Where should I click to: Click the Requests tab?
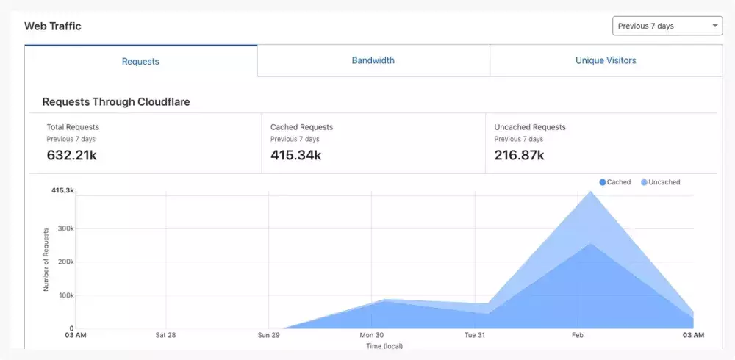click(140, 61)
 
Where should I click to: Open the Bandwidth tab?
click(373, 60)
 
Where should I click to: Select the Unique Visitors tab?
click(606, 60)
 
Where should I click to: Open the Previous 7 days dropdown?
click(667, 26)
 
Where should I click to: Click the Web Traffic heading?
click(53, 26)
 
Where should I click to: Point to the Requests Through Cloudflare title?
click(116, 102)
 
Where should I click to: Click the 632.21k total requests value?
click(72, 155)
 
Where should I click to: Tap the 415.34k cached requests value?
click(295, 155)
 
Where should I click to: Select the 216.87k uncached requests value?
click(519, 155)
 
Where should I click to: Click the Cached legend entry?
click(615, 182)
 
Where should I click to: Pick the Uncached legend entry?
click(660, 182)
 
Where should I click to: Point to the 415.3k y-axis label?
click(62, 190)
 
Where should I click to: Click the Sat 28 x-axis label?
click(165, 335)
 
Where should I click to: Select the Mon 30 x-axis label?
click(372, 335)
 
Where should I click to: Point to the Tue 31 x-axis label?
click(475, 335)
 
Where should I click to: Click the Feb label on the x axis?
click(577, 335)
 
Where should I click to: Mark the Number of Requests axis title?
click(46, 259)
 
